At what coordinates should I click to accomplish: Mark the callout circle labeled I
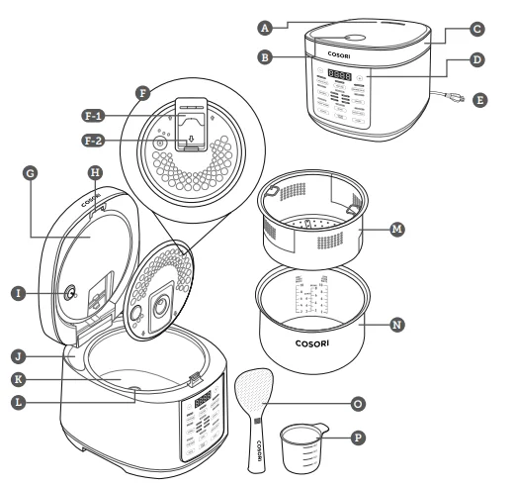pyautogui.click(x=19, y=292)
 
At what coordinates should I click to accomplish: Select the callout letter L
pyautogui.click(x=19, y=399)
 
